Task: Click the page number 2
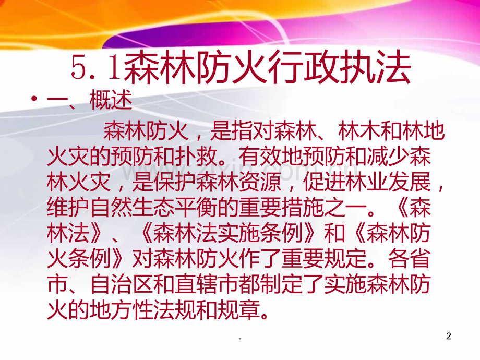(x=449, y=337)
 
